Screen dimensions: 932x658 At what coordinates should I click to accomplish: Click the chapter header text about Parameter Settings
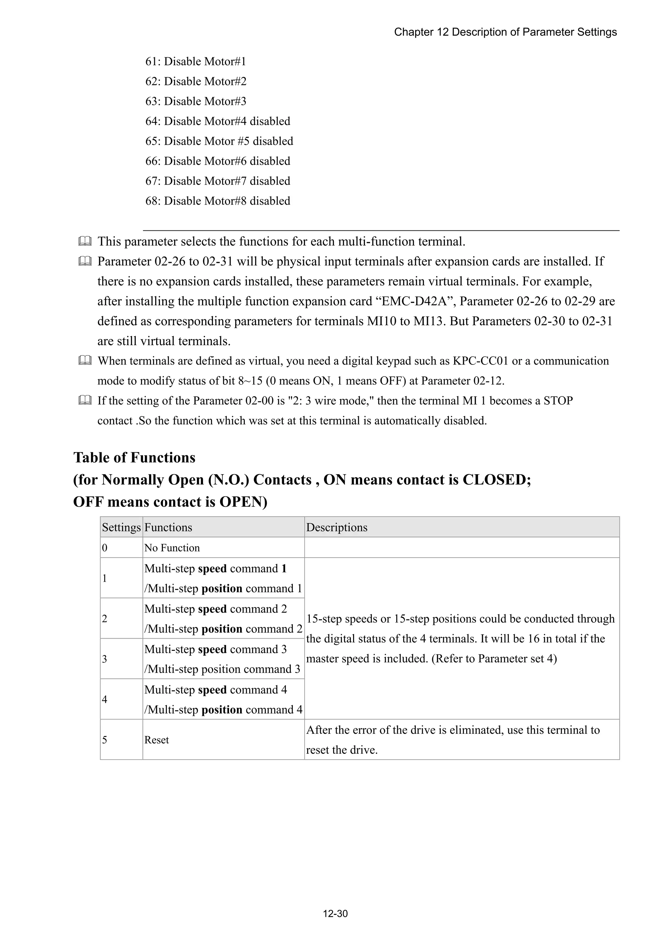(505, 32)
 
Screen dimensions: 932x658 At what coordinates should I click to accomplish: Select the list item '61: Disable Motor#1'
(195, 61)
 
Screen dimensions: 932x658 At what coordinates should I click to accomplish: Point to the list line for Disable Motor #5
(219, 141)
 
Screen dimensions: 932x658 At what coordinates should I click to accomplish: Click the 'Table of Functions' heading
(134, 457)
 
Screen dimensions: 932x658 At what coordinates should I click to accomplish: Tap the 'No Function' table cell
(172, 548)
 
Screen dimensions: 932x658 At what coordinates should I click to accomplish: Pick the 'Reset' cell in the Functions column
(156, 740)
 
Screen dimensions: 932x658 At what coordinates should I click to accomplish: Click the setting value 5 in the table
(105, 740)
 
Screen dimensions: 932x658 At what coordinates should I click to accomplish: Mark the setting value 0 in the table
(105, 548)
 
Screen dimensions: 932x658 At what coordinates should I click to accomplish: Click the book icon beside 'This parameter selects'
(85, 241)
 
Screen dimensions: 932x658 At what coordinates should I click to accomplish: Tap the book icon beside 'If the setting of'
(85, 401)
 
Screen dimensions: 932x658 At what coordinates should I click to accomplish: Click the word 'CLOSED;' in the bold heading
(497, 479)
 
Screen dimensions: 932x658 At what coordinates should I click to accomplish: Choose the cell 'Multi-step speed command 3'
(215, 649)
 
